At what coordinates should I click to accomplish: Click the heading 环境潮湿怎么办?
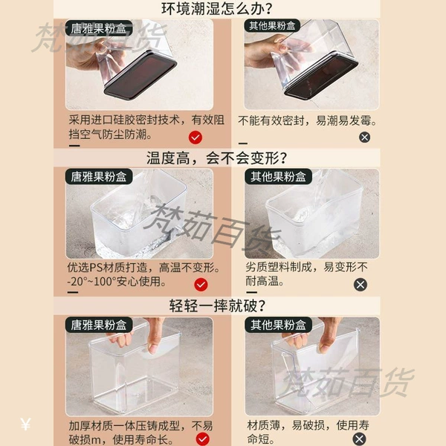(x=217, y=8)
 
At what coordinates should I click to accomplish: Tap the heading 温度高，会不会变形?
(x=217, y=158)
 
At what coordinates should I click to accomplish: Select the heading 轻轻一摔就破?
(x=217, y=306)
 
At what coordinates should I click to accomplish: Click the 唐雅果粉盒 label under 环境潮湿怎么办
(x=99, y=28)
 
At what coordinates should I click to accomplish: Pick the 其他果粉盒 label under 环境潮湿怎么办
(x=272, y=26)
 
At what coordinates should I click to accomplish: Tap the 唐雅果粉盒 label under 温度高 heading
(x=99, y=177)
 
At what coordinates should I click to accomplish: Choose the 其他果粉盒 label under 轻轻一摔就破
(x=278, y=325)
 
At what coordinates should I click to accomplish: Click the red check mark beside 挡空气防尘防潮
(x=195, y=138)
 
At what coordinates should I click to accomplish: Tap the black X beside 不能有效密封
(x=365, y=138)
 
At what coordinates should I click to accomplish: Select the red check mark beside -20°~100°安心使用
(x=201, y=285)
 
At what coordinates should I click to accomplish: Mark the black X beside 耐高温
(x=361, y=285)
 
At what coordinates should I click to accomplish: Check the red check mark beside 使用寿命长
(x=203, y=439)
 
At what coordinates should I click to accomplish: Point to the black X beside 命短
(x=360, y=439)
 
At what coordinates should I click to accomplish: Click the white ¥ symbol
(x=25, y=424)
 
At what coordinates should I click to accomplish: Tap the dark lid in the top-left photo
(x=140, y=75)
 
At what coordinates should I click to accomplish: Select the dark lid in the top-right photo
(x=321, y=77)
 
